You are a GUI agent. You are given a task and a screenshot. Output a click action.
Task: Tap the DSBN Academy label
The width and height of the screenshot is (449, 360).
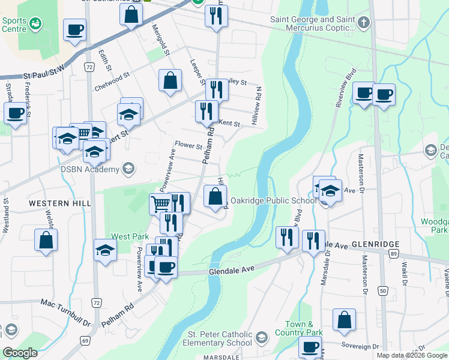point(90,170)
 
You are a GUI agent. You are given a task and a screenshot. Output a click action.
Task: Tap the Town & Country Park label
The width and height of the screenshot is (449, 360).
point(299,328)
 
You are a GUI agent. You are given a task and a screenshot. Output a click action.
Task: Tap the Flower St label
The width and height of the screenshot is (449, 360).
point(188,145)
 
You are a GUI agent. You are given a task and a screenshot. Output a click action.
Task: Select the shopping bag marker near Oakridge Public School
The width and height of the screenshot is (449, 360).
point(215,196)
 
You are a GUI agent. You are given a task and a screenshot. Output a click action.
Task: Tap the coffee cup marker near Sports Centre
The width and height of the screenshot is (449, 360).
point(74,30)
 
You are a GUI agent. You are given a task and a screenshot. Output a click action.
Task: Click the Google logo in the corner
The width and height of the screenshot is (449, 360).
point(20,353)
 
